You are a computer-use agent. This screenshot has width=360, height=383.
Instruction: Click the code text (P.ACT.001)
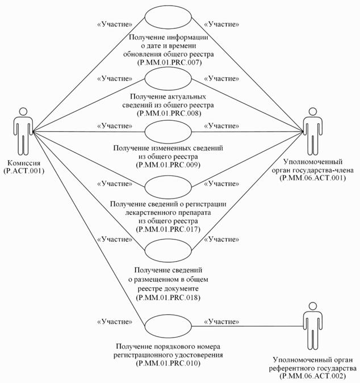[23, 169]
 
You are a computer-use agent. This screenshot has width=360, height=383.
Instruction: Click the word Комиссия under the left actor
[23, 161]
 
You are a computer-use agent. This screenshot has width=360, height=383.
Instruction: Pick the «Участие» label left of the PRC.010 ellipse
[115, 322]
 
